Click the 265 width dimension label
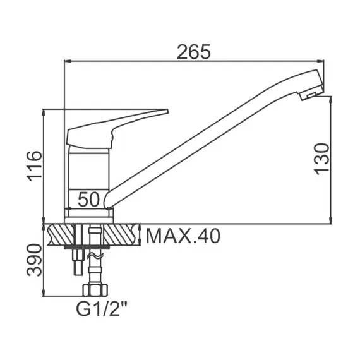coord(194,52)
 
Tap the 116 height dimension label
coord(35,166)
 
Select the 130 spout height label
coord(321,159)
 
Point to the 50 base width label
coord(89,200)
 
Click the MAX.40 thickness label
coord(183,236)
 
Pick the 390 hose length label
coord(35,260)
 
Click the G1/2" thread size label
coord(102,309)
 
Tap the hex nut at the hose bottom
coord(95,290)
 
